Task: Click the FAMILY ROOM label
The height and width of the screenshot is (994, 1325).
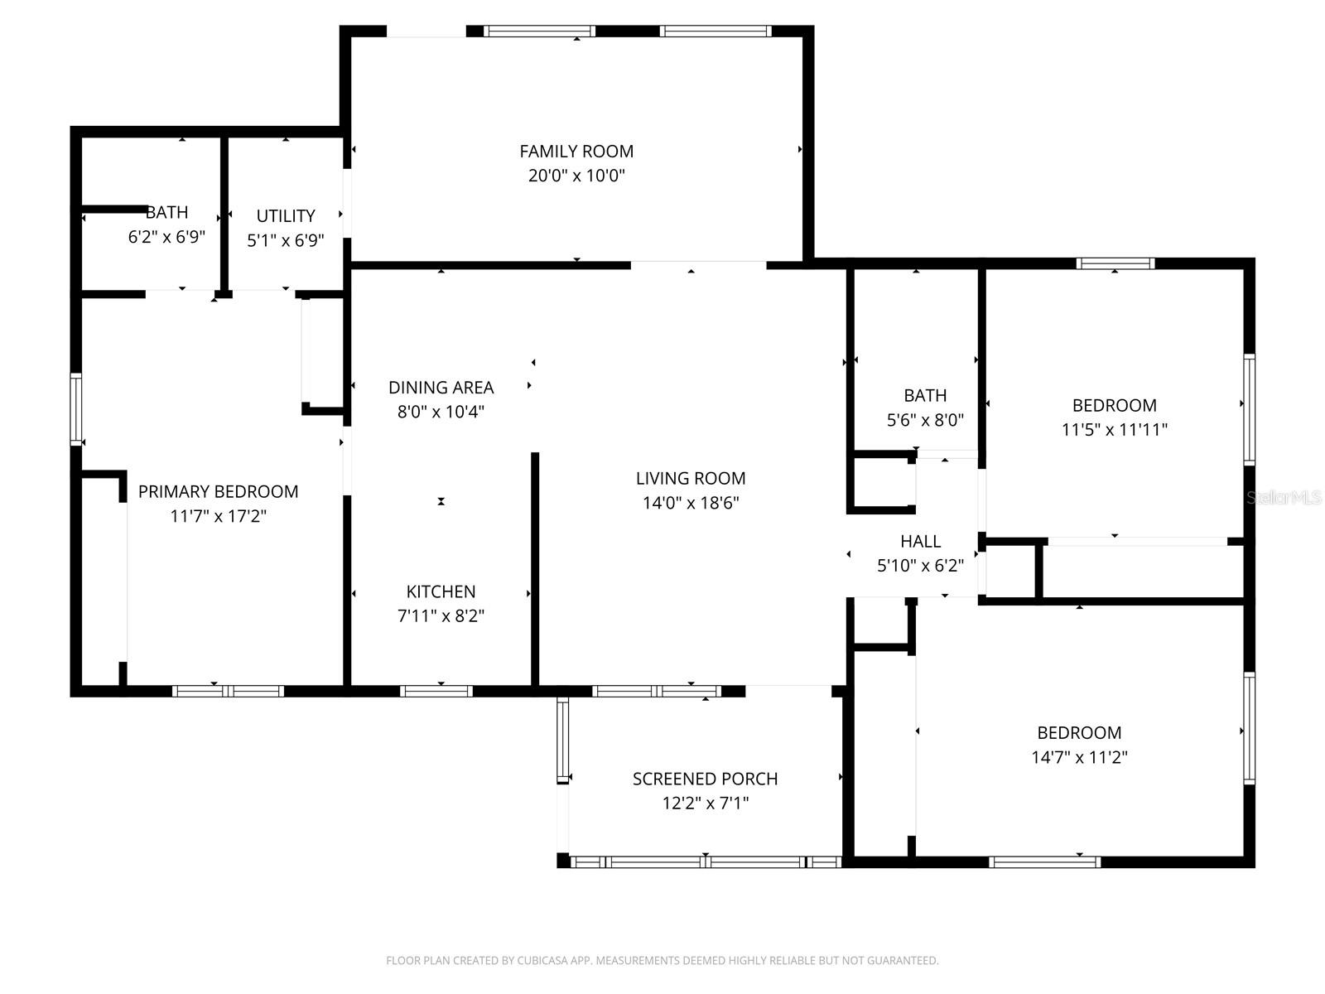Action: (576, 152)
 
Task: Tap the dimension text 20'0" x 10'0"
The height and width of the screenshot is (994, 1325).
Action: (576, 176)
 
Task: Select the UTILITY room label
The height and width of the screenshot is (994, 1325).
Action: (286, 216)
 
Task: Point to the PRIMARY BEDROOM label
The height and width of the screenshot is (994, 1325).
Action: (218, 492)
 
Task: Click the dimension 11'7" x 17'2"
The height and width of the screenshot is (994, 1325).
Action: (218, 517)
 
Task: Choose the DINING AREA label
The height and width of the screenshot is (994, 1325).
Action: (441, 388)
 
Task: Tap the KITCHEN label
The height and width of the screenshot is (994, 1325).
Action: (441, 592)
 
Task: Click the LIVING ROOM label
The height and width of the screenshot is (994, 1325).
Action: (691, 479)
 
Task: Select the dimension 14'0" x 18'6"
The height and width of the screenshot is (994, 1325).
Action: (691, 503)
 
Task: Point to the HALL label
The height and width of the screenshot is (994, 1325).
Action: (920, 542)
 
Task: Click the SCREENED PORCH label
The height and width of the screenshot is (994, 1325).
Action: (705, 779)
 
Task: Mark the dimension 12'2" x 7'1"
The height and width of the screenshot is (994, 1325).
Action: (705, 803)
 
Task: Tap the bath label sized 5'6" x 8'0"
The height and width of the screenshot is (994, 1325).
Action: (925, 396)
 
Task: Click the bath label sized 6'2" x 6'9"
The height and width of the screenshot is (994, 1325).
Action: (166, 213)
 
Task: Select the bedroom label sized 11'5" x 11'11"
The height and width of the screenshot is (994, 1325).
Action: (1114, 406)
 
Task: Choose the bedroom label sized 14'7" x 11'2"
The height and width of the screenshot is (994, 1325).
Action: (1079, 733)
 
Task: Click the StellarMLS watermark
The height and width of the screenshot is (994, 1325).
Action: (1284, 498)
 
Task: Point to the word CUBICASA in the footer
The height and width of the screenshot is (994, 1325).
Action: (542, 961)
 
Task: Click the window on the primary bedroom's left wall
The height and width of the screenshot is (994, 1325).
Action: (76, 409)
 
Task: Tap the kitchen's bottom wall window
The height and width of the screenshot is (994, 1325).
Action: (436, 691)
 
